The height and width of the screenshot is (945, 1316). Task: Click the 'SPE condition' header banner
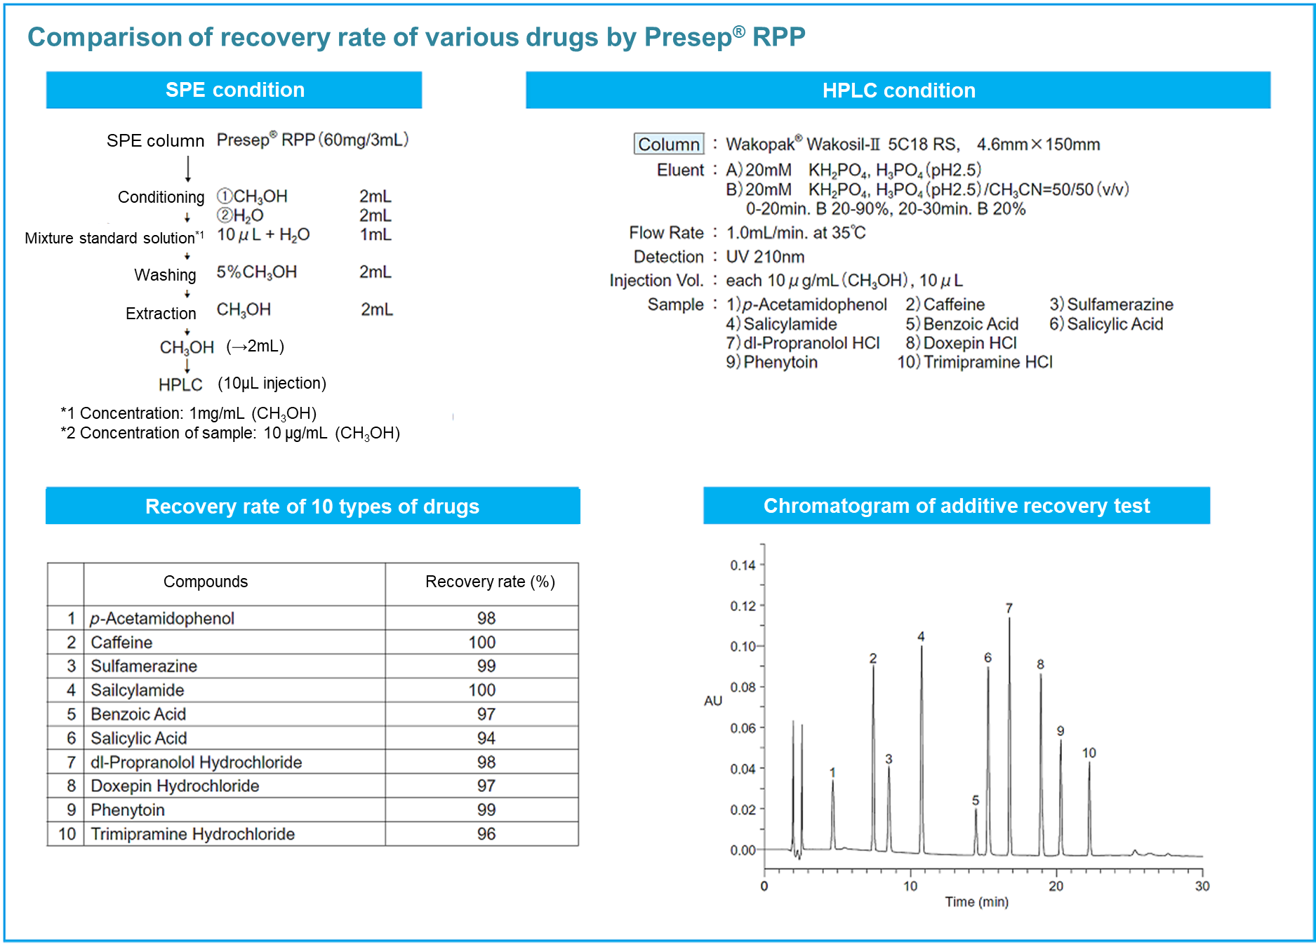[x=234, y=90]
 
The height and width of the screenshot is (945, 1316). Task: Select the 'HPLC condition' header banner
[x=898, y=91]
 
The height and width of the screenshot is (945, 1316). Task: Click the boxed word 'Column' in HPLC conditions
[x=668, y=144]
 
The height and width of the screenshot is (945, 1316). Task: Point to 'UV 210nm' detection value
[x=765, y=257]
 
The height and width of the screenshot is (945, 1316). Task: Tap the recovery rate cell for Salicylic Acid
[x=486, y=738]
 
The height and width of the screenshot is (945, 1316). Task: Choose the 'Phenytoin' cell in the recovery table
[x=128, y=810]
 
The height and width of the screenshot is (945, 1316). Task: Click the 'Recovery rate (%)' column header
[x=489, y=582]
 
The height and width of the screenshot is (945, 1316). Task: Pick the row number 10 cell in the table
[x=67, y=833]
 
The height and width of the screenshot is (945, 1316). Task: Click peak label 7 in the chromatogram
[x=1009, y=608]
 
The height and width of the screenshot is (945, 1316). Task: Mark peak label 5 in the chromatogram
[x=975, y=800]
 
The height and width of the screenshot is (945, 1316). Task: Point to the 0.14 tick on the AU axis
[x=743, y=565]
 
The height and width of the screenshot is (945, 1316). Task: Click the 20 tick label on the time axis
[x=1056, y=886]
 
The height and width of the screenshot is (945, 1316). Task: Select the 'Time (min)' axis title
[x=976, y=902]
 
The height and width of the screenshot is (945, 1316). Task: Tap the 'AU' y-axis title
[x=712, y=701]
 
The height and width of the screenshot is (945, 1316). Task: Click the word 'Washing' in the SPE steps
[x=165, y=274]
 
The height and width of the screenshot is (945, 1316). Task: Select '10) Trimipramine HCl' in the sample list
[x=975, y=362]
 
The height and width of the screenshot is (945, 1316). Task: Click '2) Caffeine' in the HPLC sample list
[x=945, y=304]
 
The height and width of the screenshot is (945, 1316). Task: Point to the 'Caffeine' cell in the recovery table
[x=121, y=642]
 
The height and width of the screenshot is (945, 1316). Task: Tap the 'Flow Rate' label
[x=666, y=232]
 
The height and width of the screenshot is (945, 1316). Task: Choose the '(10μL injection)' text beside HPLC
[x=272, y=383]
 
